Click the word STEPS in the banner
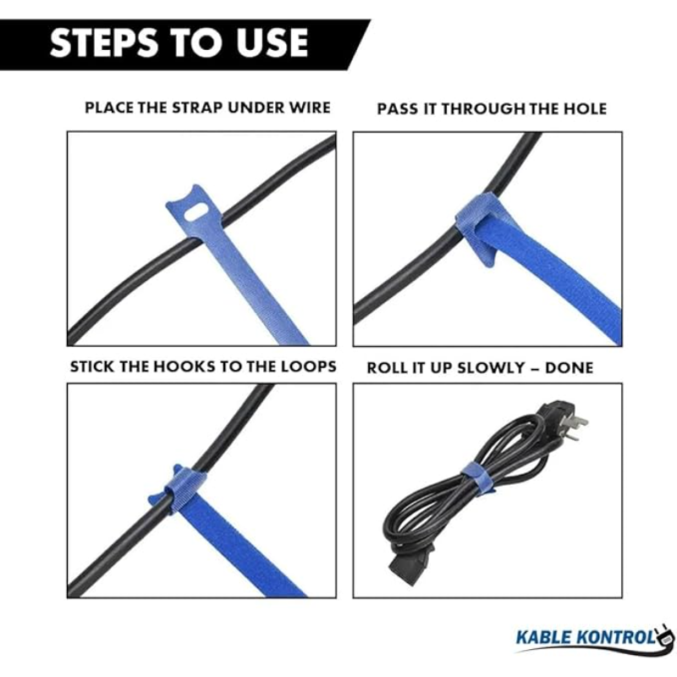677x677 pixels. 103,42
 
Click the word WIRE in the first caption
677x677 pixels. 310,107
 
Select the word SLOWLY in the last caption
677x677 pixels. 491,368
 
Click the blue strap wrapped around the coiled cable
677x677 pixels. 477,477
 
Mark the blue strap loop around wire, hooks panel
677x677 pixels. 184,488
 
